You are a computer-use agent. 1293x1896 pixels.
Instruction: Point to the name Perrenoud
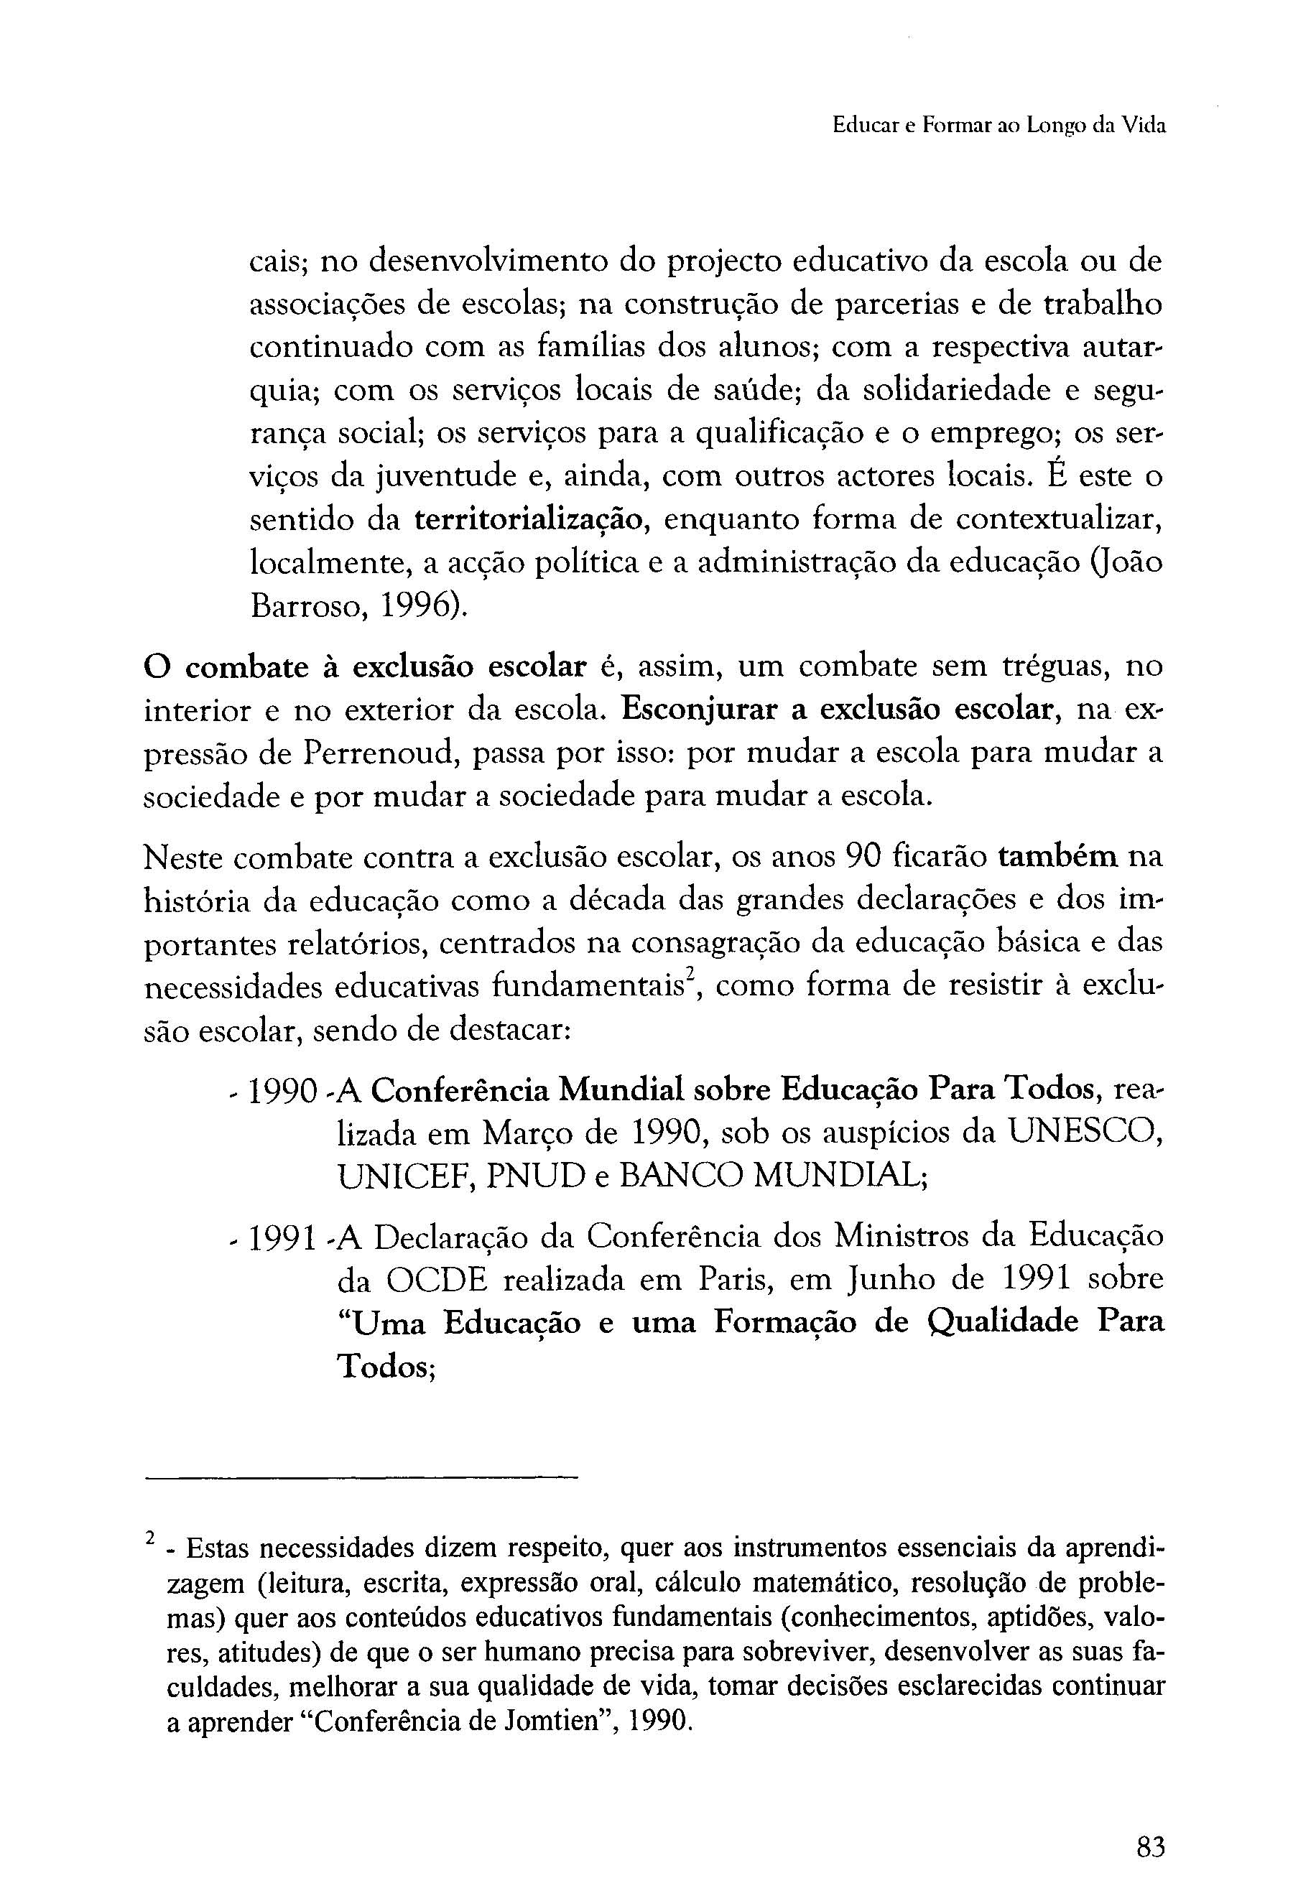(x=379, y=753)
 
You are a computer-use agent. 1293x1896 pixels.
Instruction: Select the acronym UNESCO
(x=1086, y=1132)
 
